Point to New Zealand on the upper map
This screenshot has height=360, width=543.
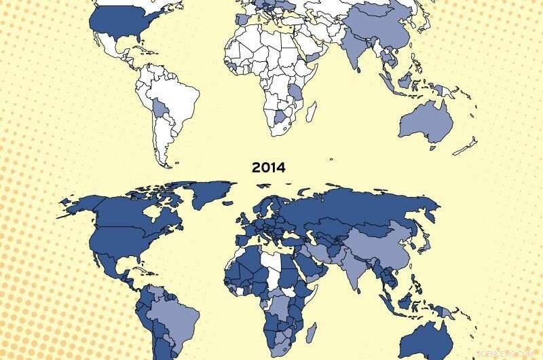(x=466, y=145)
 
